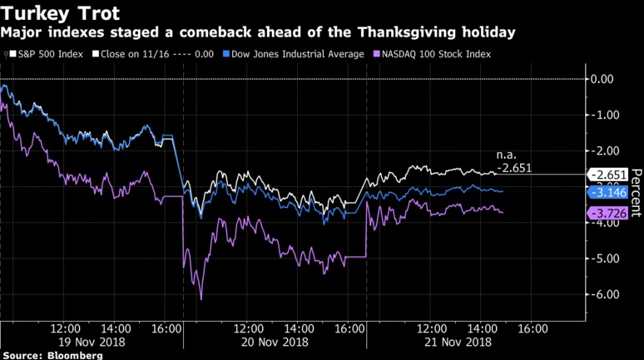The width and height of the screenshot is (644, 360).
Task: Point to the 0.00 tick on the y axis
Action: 601,79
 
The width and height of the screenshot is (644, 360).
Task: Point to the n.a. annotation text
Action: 506,155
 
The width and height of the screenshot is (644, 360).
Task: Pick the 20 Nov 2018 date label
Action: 273,341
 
